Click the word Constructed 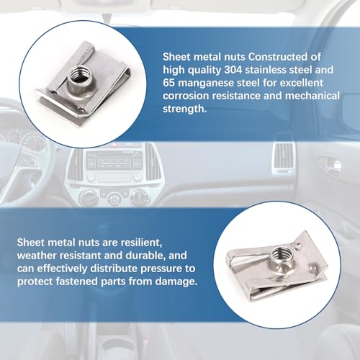pyautogui.click(x=284, y=57)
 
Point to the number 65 pyautogui.click(x=168, y=83)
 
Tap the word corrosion pyautogui.click(x=186, y=96)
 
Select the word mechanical pyautogui.click(x=312, y=96)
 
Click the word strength pyautogui.click(x=184, y=109)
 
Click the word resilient pyautogui.click(x=140, y=243)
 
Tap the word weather pyautogui.click(x=37, y=256)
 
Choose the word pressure pyautogui.click(x=164, y=269)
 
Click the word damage pyautogui.click(x=176, y=282)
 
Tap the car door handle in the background pyautogui.click(x=333, y=164)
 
